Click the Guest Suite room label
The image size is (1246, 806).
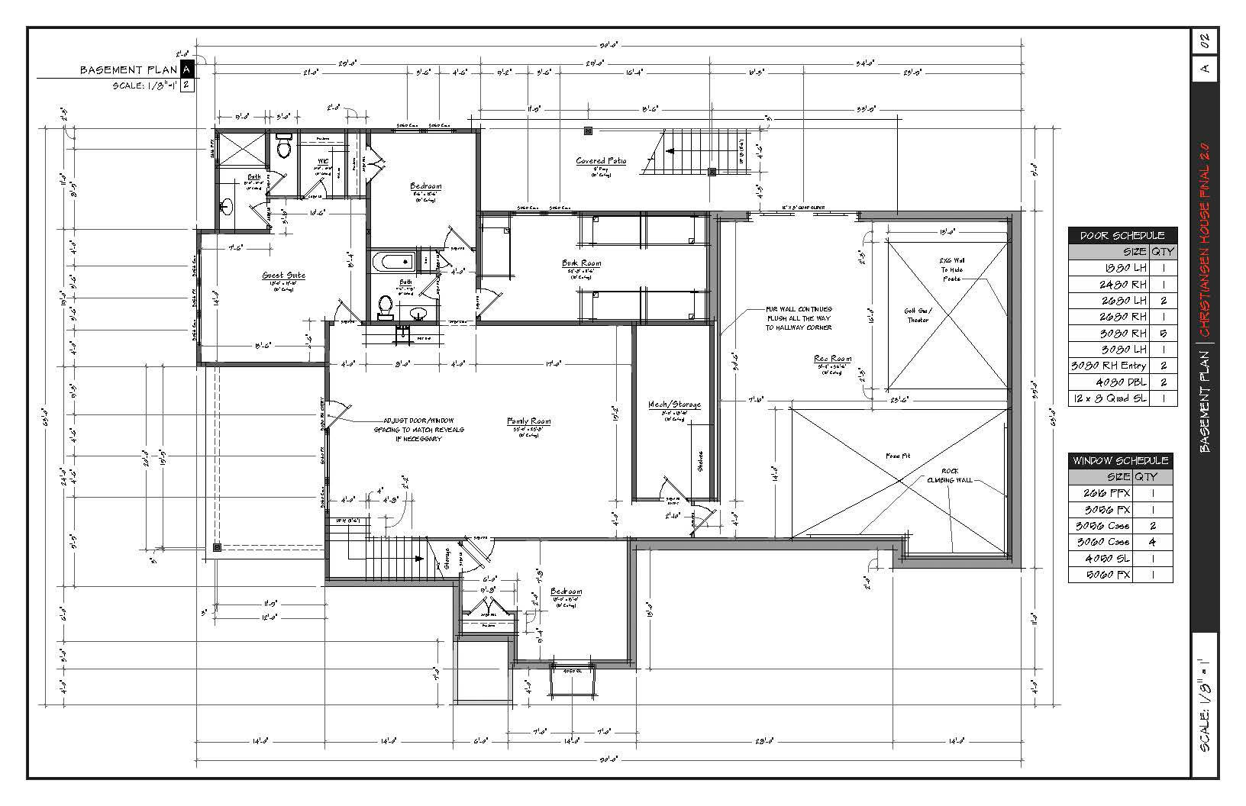(284, 276)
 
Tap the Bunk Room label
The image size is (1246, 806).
(582, 263)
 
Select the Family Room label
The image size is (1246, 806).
(529, 421)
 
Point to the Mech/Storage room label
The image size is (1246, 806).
(674, 405)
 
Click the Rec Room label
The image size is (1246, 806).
(832, 359)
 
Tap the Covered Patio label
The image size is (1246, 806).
(601, 161)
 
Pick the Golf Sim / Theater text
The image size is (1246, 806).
(918, 315)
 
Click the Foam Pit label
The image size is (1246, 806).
(898, 456)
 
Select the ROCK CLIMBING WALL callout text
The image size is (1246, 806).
(950, 476)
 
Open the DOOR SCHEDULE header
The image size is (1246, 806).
(1122, 236)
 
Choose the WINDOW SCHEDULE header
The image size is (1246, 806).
(1120, 461)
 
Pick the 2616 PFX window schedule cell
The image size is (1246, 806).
(1107, 493)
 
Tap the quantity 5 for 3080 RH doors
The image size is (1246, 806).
(1164, 333)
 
